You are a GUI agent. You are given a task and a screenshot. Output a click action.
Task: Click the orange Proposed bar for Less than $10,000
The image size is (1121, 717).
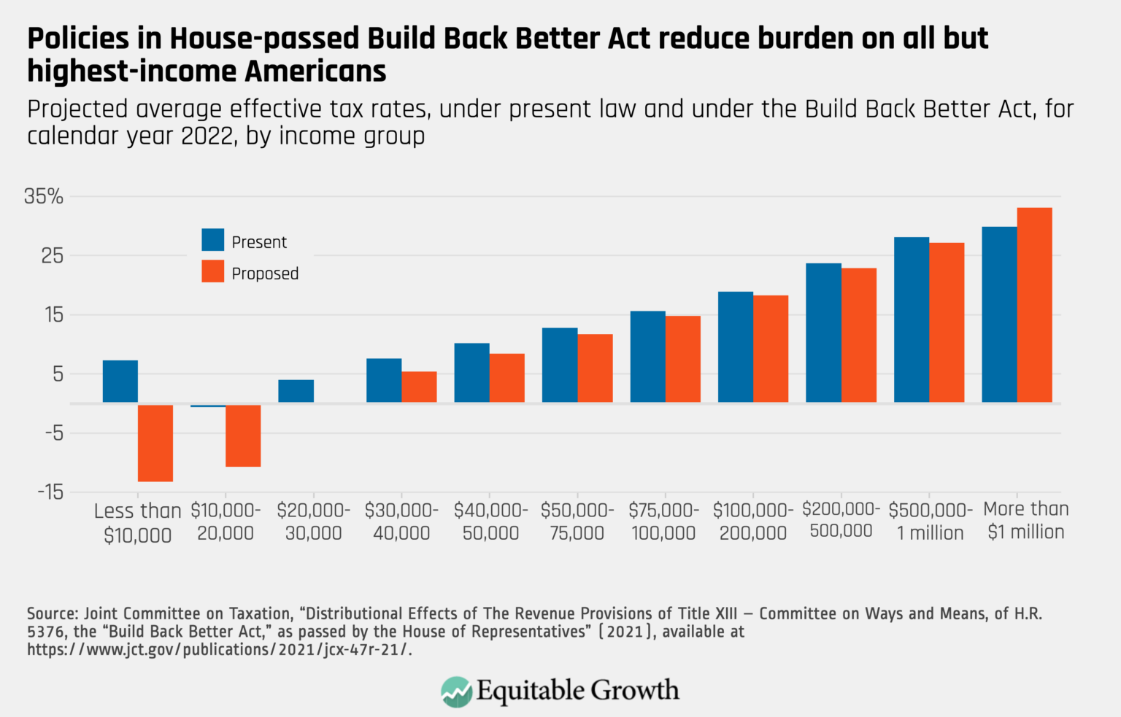pyautogui.click(x=155, y=443)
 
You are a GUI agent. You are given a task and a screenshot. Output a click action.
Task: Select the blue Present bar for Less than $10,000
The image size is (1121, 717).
pyautogui.click(x=120, y=381)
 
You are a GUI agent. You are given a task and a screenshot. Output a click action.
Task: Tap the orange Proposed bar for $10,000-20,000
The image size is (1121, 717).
pyautogui.click(x=243, y=435)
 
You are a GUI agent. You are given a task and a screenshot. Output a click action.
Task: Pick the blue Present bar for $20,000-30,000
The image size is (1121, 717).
pyautogui.click(x=296, y=391)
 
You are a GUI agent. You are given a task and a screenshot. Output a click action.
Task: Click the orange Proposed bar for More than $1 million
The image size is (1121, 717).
pyautogui.click(x=1034, y=305)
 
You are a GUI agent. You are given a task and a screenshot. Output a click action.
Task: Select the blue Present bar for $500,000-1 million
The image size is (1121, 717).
pyautogui.click(x=912, y=319)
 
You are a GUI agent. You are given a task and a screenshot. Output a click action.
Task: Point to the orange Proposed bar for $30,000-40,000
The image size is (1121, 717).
pyautogui.click(x=419, y=387)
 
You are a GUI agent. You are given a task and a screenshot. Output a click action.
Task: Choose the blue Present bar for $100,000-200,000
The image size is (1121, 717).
pyautogui.click(x=736, y=347)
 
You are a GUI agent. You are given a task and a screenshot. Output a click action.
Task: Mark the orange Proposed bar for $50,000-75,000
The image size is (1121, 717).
pyautogui.click(x=595, y=368)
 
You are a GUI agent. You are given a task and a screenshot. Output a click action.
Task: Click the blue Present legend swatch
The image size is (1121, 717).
pyautogui.click(x=213, y=240)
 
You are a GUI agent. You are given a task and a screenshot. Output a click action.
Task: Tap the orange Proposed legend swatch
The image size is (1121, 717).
pyautogui.click(x=213, y=271)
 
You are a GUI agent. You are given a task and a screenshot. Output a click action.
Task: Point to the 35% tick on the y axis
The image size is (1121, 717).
pyautogui.click(x=44, y=196)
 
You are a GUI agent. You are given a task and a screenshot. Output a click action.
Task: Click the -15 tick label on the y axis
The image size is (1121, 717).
pyautogui.click(x=50, y=492)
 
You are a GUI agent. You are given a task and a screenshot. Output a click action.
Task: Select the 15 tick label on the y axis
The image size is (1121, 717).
pyautogui.click(x=53, y=315)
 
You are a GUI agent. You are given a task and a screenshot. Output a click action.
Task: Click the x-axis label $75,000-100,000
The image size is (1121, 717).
pyautogui.click(x=663, y=522)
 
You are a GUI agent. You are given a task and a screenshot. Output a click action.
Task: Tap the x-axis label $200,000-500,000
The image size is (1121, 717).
pyautogui.click(x=841, y=520)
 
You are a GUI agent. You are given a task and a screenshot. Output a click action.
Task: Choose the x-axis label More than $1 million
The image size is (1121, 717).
pyautogui.click(x=1025, y=520)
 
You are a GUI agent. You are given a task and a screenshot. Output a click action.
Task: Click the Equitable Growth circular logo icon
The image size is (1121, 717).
pyautogui.click(x=456, y=691)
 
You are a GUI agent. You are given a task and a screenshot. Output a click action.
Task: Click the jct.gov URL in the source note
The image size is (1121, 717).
pyautogui.click(x=219, y=649)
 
